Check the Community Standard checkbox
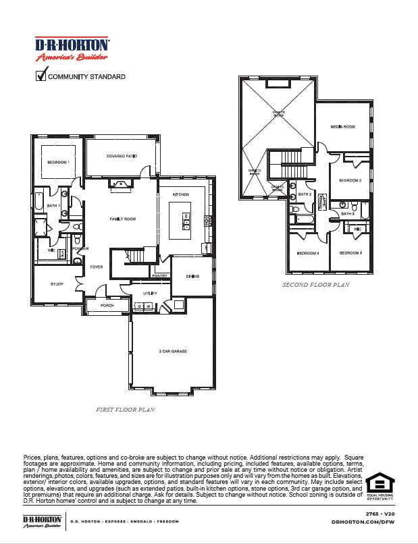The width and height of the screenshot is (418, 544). (x=40, y=76)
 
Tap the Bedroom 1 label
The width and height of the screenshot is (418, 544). (x=58, y=163)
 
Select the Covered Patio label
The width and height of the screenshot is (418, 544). (x=122, y=157)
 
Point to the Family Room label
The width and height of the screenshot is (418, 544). (x=123, y=219)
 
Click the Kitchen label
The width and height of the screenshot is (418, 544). (x=180, y=194)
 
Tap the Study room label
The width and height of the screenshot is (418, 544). (x=57, y=284)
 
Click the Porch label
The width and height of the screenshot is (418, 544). (x=107, y=306)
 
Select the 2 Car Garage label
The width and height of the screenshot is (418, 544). (x=173, y=352)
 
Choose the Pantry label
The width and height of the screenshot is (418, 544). (x=159, y=276)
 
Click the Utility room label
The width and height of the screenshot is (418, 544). (x=150, y=294)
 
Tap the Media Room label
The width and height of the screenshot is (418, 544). (x=342, y=127)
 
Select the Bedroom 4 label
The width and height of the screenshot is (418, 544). (x=308, y=253)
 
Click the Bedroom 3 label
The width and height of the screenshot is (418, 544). (x=350, y=253)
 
